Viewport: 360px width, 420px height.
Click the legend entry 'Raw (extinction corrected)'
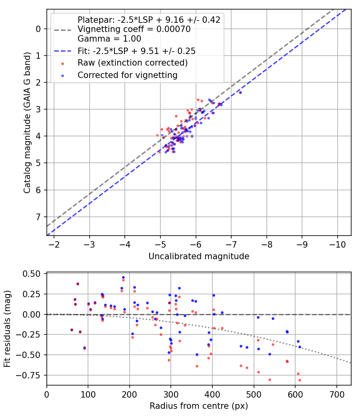pos(132,63)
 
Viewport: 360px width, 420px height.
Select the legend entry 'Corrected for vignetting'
pos(127,75)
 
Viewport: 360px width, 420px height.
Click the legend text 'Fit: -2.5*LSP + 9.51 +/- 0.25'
pos(139,51)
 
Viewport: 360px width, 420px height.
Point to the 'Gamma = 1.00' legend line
pos(109,39)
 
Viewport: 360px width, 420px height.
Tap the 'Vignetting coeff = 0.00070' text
pos(134,29)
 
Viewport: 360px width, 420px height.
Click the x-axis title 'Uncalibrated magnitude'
pos(199,256)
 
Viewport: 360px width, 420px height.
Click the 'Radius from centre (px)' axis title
pos(199,406)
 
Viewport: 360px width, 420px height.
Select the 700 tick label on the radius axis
pos(336,394)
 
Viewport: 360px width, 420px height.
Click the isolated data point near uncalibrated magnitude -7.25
pos(240,92)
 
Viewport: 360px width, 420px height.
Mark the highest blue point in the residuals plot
pos(123,277)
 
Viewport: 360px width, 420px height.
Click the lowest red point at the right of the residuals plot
pos(300,380)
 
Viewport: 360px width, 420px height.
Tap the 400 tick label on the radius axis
pos(212,394)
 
